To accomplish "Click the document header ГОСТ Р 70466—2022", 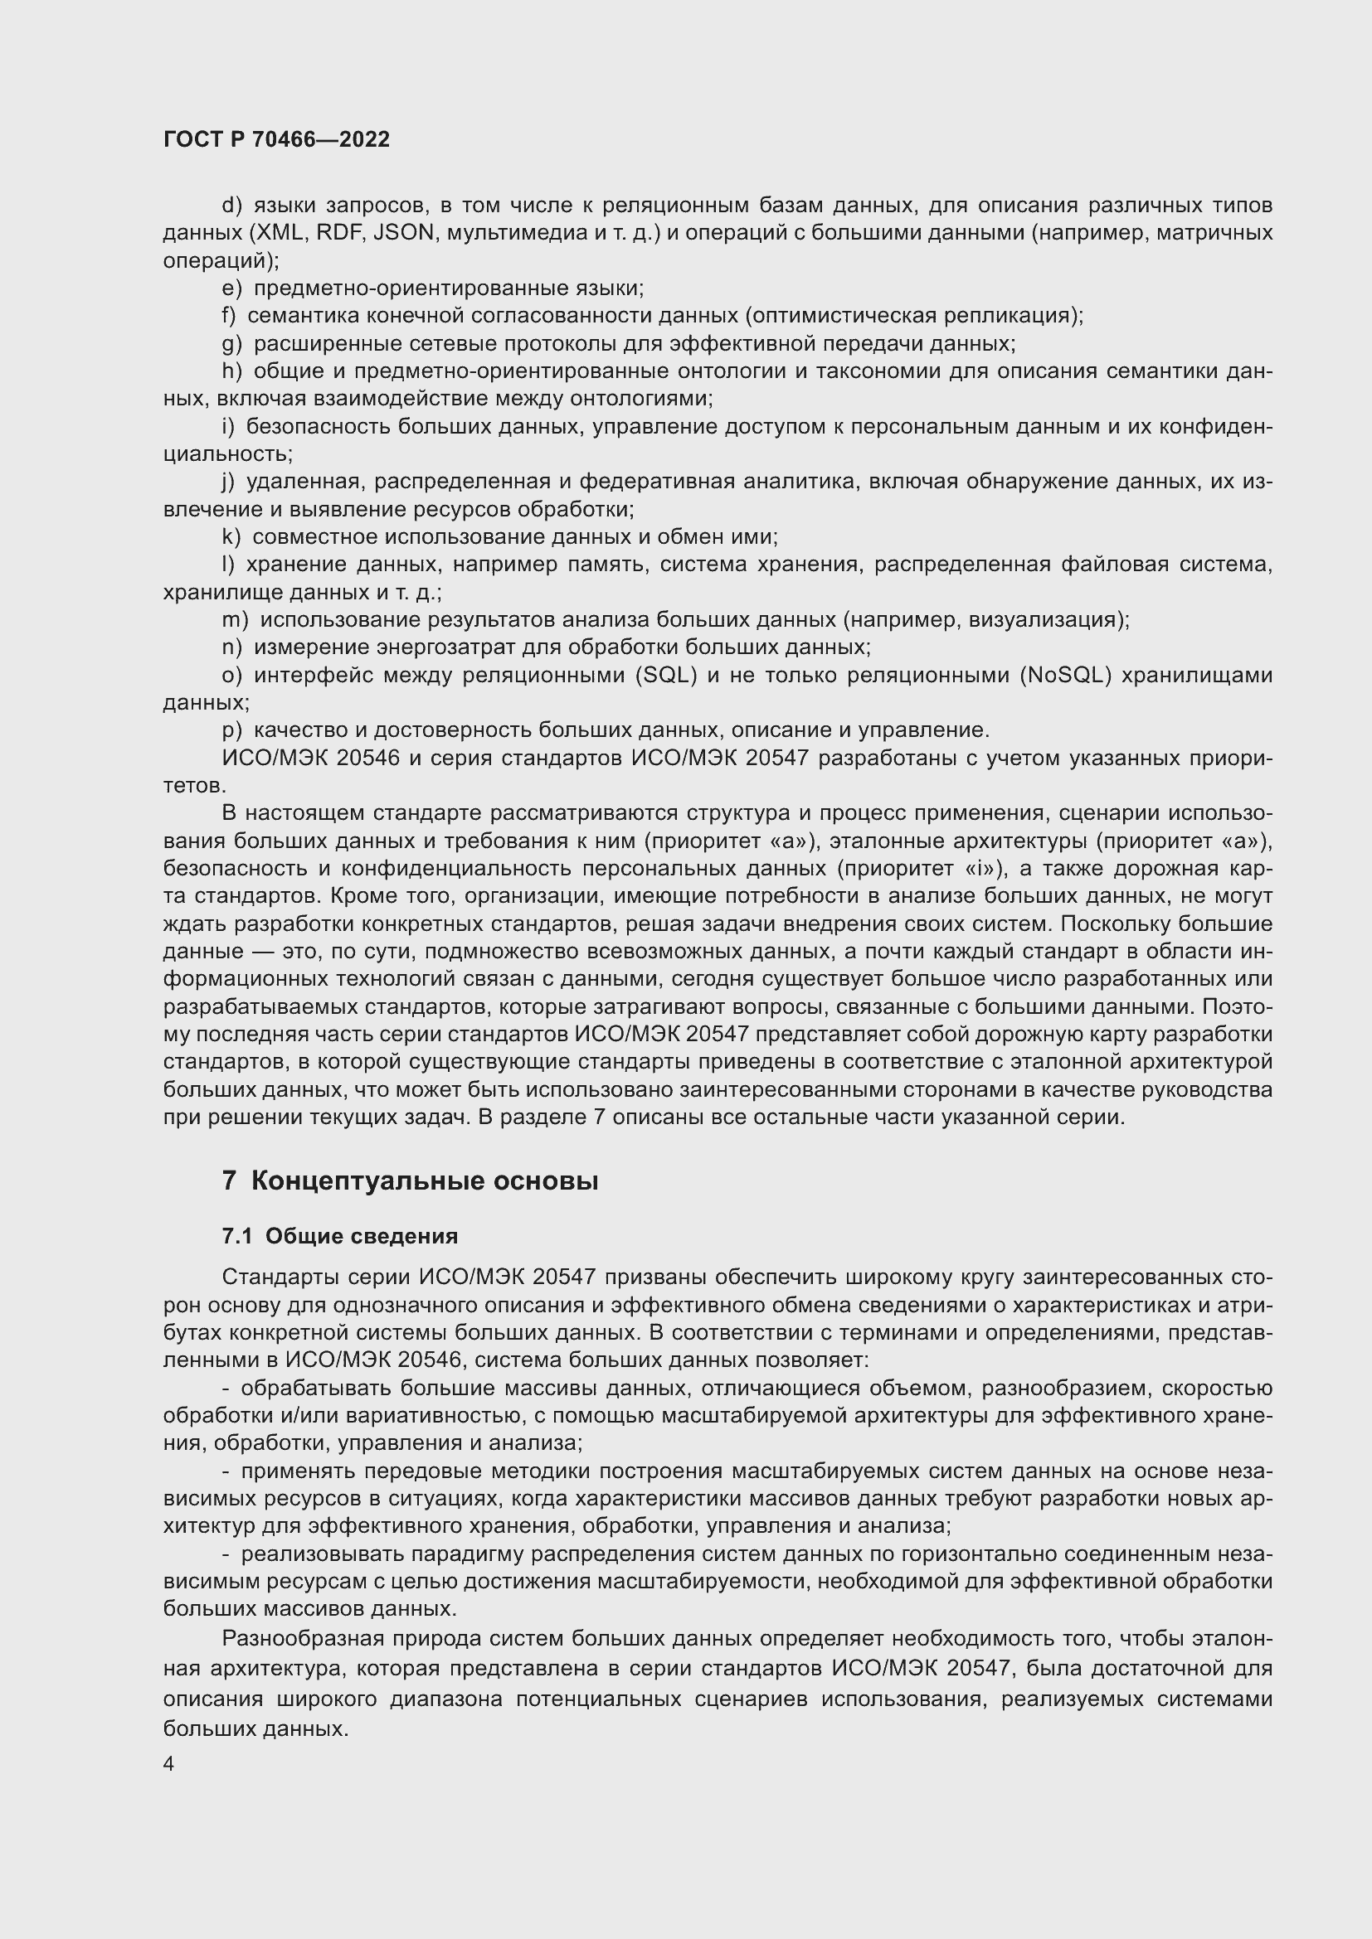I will [x=276, y=140].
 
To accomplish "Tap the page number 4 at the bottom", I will [x=169, y=1763].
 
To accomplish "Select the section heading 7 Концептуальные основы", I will [x=410, y=1180].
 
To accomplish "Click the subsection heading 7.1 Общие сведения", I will [x=339, y=1236].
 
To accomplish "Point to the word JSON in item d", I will [x=403, y=233].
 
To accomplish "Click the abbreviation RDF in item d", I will [x=339, y=233].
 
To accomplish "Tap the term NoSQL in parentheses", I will [x=1065, y=676].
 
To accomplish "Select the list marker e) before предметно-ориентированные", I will [x=231, y=288].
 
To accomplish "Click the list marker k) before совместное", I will [x=231, y=537].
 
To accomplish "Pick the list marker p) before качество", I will [x=231, y=730].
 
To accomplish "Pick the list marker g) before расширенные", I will [x=231, y=344].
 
